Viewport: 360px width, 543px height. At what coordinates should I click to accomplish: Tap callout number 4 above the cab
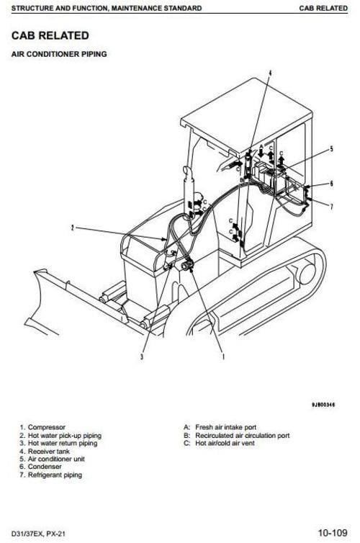(x=271, y=73)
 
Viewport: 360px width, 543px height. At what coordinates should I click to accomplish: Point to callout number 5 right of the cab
(x=331, y=149)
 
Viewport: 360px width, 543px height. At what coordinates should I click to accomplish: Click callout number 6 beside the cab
(x=331, y=184)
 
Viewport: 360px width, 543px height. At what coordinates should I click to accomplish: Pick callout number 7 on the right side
(x=331, y=207)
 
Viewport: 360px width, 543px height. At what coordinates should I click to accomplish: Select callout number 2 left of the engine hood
(x=72, y=228)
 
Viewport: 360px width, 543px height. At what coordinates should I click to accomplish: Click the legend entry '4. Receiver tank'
(x=45, y=452)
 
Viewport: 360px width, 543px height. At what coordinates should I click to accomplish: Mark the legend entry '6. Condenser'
(x=42, y=467)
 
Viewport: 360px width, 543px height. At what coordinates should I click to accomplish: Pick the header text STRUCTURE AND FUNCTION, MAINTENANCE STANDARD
(x=101, y=8)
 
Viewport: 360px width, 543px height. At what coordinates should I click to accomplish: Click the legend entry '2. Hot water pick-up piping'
(x=60, y=436)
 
